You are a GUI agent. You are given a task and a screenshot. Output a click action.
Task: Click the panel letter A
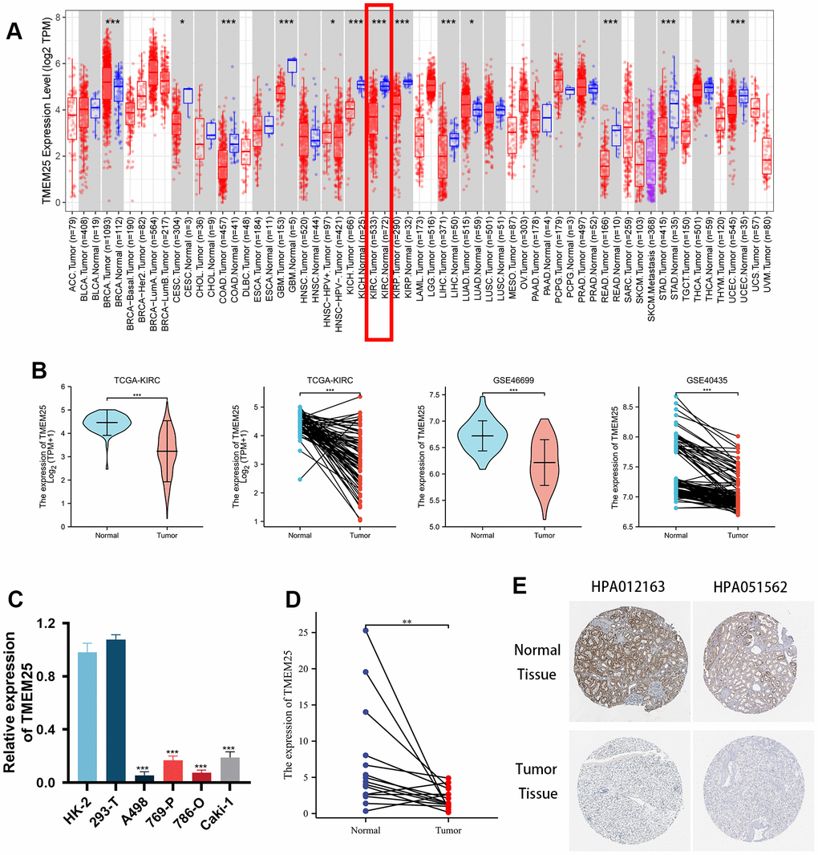click(14, 31)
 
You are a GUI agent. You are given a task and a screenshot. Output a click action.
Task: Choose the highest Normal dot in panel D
click(366, 630)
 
